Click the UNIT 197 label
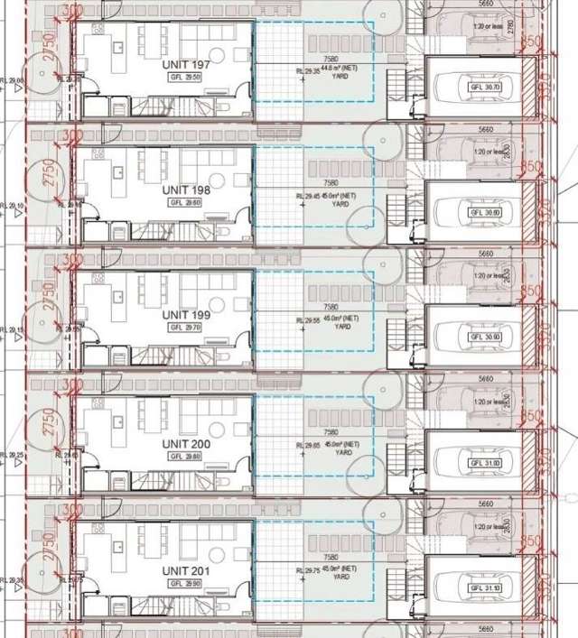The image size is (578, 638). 187,66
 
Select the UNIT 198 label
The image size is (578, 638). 187,190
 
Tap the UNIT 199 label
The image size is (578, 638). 187,315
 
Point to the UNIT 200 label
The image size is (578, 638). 187,445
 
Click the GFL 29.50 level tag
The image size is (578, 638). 187,78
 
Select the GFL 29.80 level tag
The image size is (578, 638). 187,457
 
